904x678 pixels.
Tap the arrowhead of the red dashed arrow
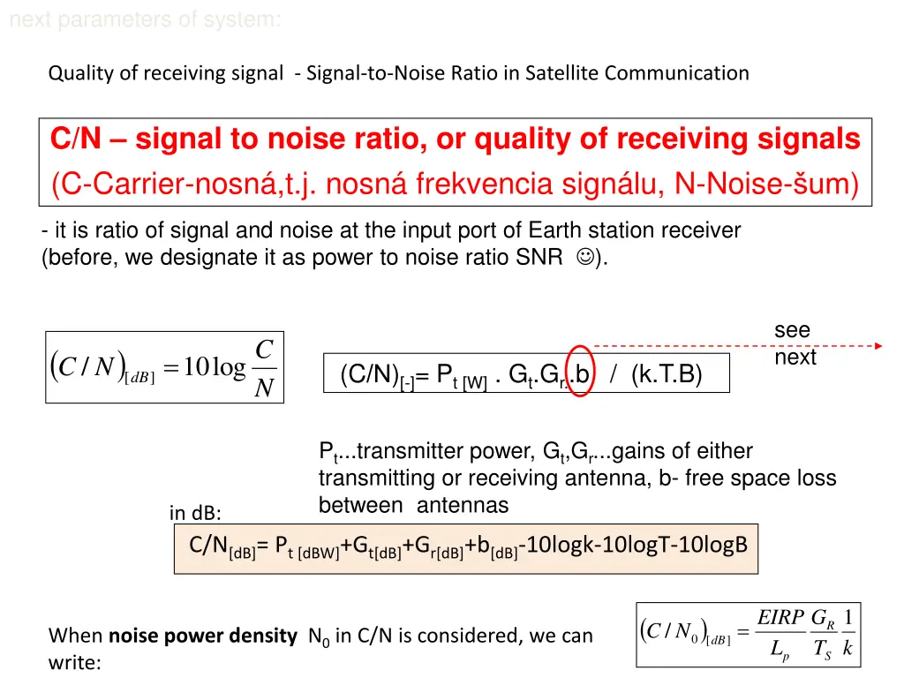[877, 346]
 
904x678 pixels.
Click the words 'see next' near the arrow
[795, 344]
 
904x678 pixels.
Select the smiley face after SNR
[584, 258]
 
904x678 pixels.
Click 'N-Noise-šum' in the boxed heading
[765, 185]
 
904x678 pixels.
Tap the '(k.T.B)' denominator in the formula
[667, 375]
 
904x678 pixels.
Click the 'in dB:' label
[195, 513]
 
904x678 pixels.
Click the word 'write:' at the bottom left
[75, 661]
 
